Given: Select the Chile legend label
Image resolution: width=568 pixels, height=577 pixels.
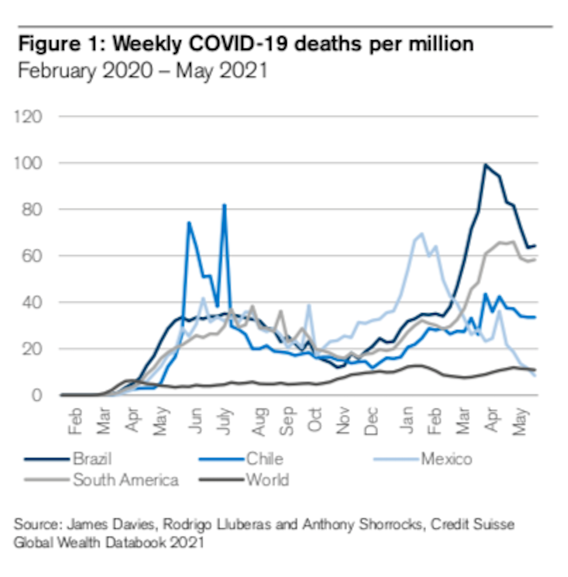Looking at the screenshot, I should point(264,458).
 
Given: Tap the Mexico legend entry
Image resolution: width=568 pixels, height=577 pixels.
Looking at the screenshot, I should point(446,458).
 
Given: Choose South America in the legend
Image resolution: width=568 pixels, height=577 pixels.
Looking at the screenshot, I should point(126,480).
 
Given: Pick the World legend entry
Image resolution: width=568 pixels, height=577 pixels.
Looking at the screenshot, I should point(267,480).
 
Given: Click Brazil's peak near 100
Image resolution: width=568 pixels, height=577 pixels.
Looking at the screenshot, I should point(485,165).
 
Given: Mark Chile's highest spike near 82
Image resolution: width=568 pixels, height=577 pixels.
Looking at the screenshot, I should point(224,205).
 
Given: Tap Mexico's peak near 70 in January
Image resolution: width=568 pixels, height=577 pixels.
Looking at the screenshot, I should point(421,233).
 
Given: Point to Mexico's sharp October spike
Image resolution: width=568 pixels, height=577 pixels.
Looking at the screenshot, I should point(309,305).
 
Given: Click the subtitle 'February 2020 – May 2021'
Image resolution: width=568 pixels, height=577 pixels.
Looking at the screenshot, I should point(143,71).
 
